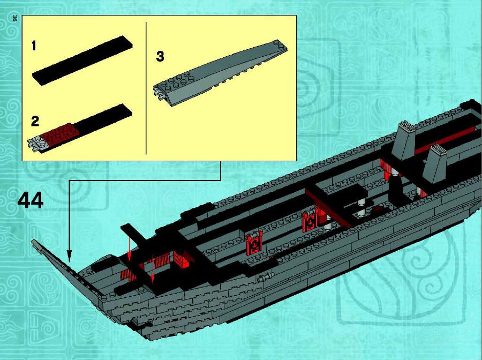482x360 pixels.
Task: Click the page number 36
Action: click(14, 18)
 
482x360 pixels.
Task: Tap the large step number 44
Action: click(31, 201)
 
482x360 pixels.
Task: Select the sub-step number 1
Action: click(34, 46)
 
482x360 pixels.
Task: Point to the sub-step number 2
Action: click(35, 121)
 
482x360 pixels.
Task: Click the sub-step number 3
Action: click(160, 57)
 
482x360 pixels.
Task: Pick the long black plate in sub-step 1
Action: click(82, 61)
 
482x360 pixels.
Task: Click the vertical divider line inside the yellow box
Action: click(146, 88)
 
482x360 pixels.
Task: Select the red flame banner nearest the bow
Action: click(254, 244)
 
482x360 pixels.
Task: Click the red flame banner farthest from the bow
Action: click(310, 219)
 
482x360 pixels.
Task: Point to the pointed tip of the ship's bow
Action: click(32, 241)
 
